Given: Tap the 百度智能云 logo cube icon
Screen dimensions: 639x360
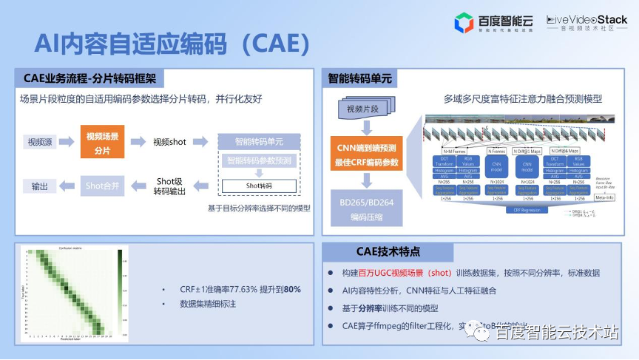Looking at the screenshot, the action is click(x=463, y=22).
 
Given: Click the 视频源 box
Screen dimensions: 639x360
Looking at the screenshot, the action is click(x=43, y=141).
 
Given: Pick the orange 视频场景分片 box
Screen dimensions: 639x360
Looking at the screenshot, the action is click(x=102, y=141).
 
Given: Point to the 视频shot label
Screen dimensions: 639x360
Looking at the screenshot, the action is click(x=169, y=141).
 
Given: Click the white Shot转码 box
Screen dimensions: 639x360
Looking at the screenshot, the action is click(x=259, y=186).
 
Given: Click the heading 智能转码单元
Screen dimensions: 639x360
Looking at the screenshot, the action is click(x=360, y=78).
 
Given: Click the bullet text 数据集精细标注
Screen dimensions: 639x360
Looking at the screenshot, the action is click(x=208, y=304).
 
